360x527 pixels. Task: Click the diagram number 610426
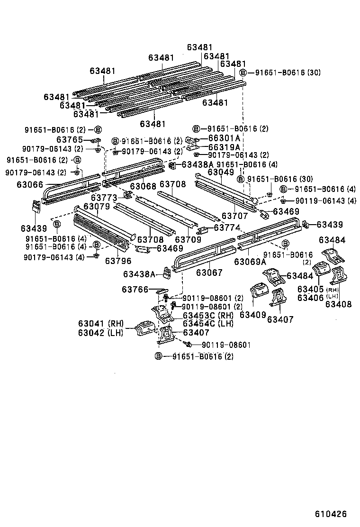click(x=331, y=514)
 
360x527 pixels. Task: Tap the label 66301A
click(x=225, y=138)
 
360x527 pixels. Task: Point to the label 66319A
click(x=225, y=147)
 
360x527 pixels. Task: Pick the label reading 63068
click(x=143, y=186)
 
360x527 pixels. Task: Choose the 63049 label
click(x=221, y=173)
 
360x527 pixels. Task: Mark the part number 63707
click(x=234, y=216)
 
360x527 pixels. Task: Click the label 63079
click(x=97, y=206)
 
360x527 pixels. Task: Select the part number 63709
click(x=188, y=240)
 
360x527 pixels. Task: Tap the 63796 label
click(x=118, y=261)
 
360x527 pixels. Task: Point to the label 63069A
click(x=250, y=261)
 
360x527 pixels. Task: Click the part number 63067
click(x=209, y=273)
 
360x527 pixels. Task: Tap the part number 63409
click(x=252, y=314)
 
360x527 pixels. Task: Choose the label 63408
click(x=339, y=304)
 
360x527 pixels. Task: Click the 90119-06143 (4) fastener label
click(x=324, y=200)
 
